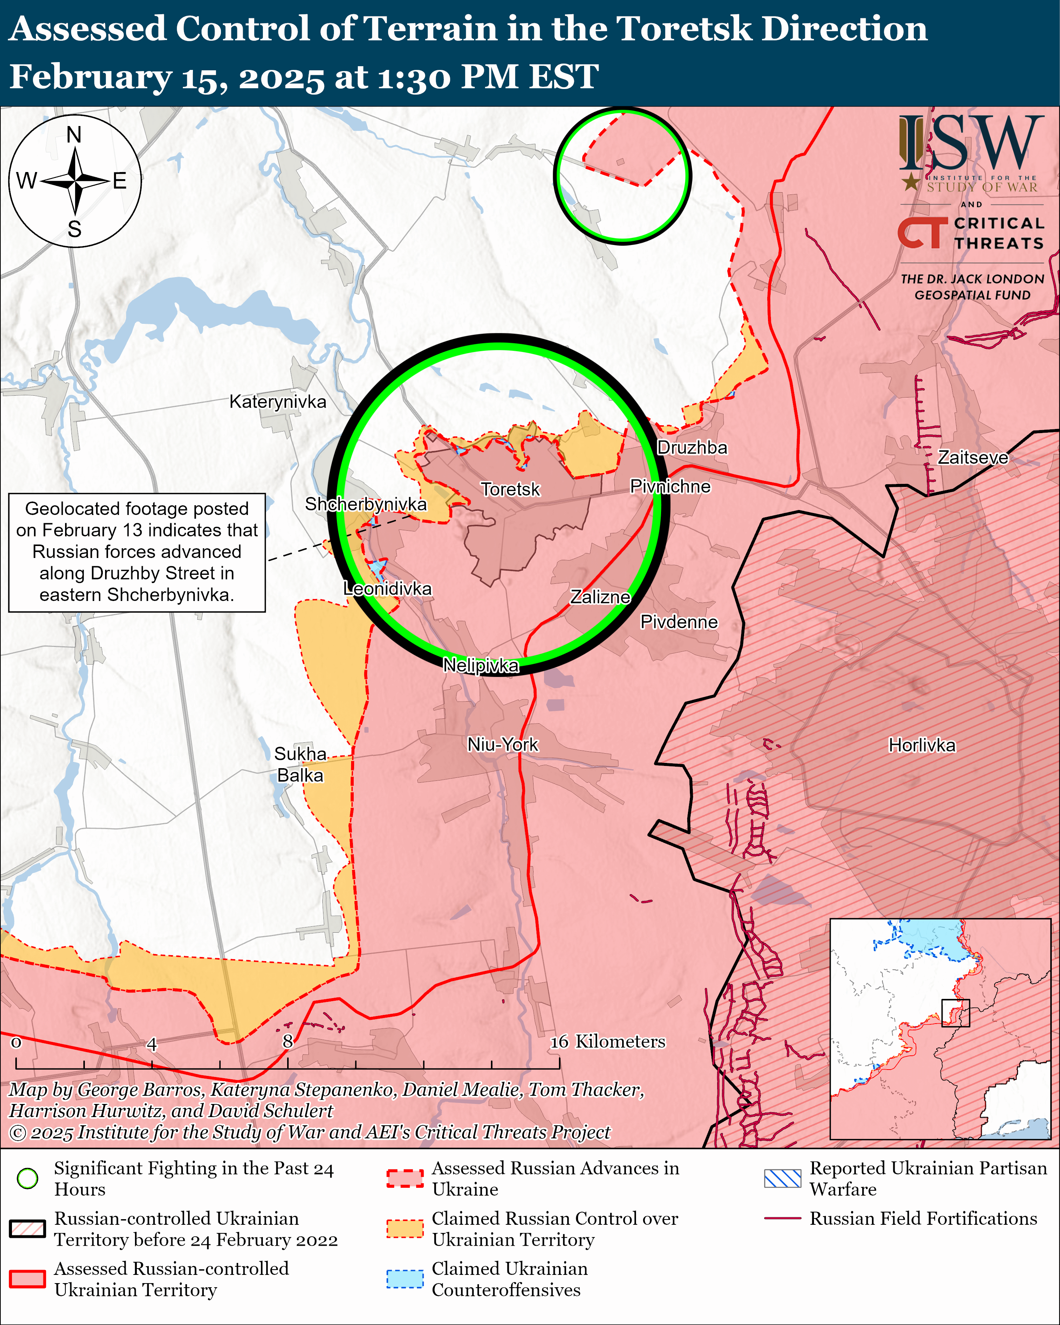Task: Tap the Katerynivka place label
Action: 278,402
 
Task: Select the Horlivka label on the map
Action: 922,745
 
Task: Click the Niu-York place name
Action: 503,745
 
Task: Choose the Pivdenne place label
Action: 679,622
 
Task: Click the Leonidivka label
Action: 388,589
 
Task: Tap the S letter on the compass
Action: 74,229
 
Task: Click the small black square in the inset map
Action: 956,1013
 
